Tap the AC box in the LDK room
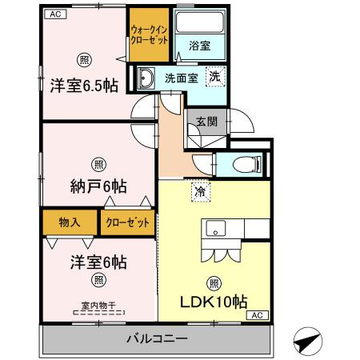pos(258,316)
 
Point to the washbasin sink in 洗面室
pos(146,78)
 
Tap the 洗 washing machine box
pos(214,77)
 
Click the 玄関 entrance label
pos(206,122)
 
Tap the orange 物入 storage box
pos(70,222)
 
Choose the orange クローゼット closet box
pos(127,222)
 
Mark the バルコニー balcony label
pos(156,338)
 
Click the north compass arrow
pos(307,339)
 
